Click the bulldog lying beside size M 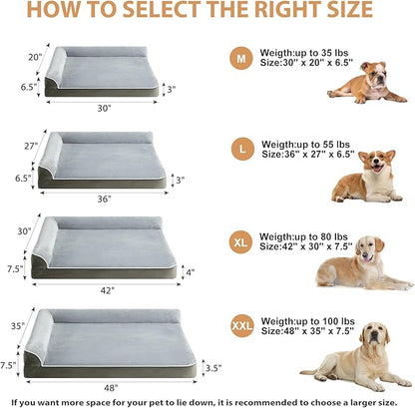(367, 83)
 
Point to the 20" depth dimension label (35, 57)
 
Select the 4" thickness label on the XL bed (190, 271)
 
